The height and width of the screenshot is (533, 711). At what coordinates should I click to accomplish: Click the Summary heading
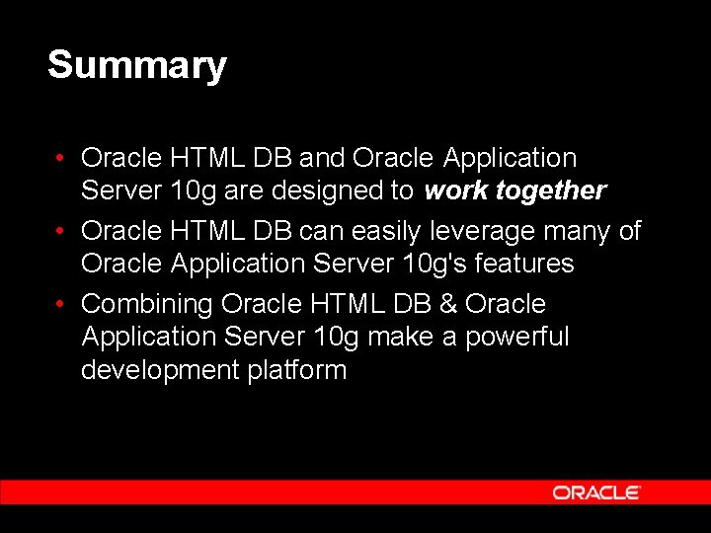pos(136,65)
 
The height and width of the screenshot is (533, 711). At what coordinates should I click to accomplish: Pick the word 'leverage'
pos(473,231)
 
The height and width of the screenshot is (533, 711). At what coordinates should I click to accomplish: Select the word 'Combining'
pos(148,304)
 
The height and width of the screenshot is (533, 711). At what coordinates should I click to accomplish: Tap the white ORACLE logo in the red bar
pos(595,492)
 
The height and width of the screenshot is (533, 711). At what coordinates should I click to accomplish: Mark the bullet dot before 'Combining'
pos(62,304)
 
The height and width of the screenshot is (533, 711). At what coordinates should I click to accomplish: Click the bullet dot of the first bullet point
pos(62,158)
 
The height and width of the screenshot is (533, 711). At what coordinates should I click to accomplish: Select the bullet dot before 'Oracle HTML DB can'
pos(62,231)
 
